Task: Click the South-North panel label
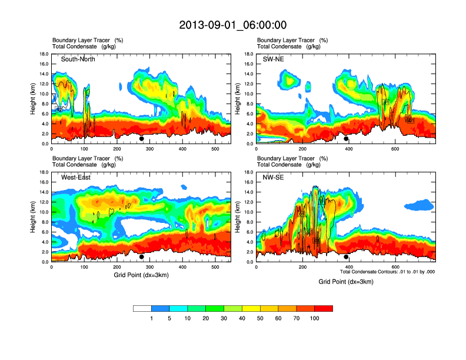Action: [78, 59]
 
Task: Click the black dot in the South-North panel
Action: [142, 139]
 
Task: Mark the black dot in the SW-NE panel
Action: [347, 139]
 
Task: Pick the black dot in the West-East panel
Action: [142, 256]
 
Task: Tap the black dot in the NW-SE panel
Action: [347, 256]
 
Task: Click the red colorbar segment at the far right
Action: [324, 308]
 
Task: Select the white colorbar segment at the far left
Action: [142, 308]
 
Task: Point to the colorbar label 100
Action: [315, 318]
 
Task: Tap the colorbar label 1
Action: [151, 318]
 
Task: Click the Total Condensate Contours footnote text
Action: [387, 272]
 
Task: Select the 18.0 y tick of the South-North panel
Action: [44, 54]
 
